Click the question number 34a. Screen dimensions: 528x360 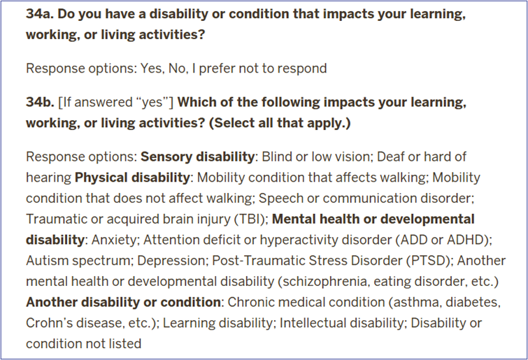[40, 14]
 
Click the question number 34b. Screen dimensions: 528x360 [40, 102]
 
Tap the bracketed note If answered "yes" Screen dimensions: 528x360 [116, 103]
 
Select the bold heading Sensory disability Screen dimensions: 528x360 [197, 157]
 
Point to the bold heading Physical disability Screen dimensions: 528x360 [132, 178]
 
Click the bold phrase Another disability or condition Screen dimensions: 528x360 [123, 302]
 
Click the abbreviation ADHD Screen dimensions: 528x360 [466, 240]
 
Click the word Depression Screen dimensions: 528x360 [173, 261]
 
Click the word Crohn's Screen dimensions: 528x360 [49, 323]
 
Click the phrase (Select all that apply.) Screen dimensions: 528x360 [280, 123]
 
